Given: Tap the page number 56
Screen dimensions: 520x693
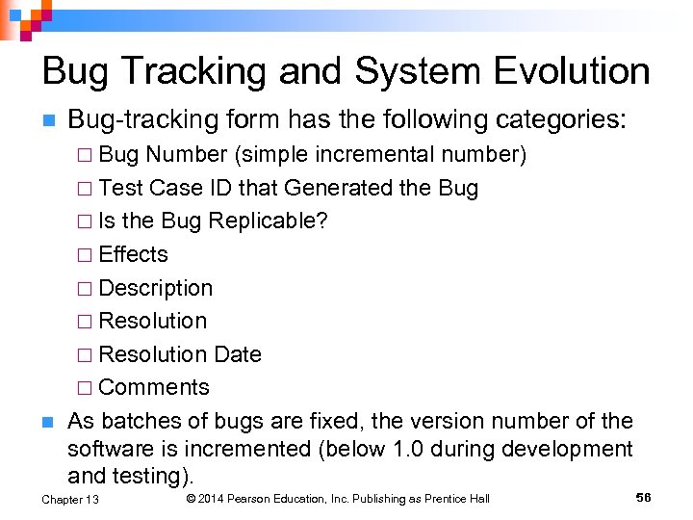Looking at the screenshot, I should tap(644, 497).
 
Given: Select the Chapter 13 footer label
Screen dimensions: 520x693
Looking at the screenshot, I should tap(70, 499).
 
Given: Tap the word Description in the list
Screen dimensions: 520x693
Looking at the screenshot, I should tap(156, 288).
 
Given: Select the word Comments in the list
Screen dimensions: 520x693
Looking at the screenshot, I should tap(154, 387).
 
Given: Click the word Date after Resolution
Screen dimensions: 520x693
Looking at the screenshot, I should tap(238, 354).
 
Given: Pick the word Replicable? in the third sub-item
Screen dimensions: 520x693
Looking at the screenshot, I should tap(269, 221).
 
